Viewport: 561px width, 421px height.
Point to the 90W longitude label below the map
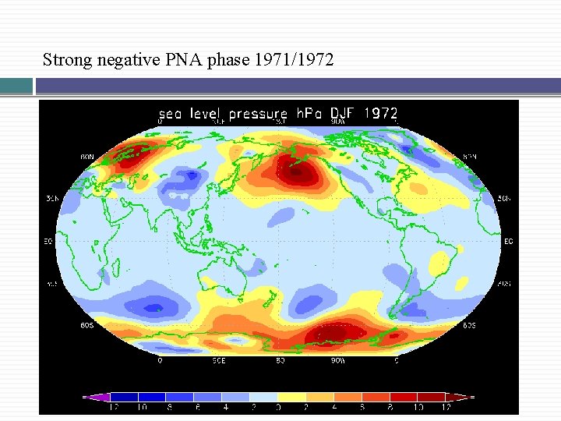337,361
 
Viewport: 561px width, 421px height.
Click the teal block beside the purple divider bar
16,86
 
